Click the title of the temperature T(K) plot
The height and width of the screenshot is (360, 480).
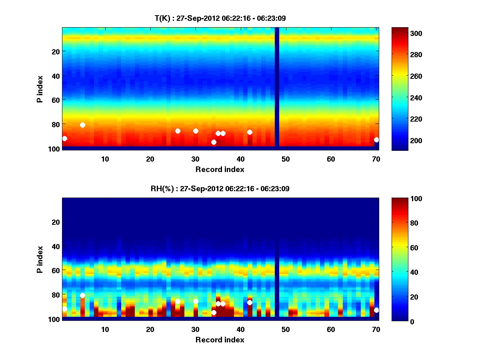pos(220,18)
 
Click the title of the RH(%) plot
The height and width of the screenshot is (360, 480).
pos(220,188)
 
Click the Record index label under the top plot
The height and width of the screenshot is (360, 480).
pos(220,169)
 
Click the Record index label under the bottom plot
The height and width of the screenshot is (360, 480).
pos(220,340)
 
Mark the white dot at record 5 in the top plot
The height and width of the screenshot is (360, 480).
pos(82,125)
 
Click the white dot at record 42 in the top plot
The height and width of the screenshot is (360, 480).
pos(250,132)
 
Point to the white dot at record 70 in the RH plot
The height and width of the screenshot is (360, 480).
pos(376,310)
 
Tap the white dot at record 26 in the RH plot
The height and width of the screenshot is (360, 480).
pos(178,301)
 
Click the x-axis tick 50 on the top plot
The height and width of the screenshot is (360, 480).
pos(286,159)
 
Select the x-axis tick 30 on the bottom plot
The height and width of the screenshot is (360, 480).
pos(195,329)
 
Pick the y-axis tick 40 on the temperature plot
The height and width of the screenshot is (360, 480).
pos(55,76)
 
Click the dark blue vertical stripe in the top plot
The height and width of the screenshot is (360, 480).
pos(277,88)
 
